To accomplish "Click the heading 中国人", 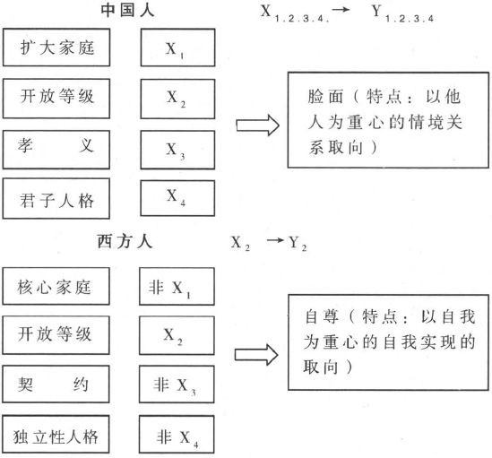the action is (x=127, y=10).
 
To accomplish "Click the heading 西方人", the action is (x=125, y=241).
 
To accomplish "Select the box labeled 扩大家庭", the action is (x=56, y=48).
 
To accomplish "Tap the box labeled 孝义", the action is (x=56, y=150).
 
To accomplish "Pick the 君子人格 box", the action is (x=56, y=198).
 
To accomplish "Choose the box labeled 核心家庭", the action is (x=56, y=286).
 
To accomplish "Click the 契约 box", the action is (x=56, y=384).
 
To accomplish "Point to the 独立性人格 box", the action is (x=56, y=434).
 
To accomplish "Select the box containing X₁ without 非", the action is (x=178, y=48).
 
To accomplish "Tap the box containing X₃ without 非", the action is (x=178, y=150).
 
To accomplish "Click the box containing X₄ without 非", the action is (x=177, y=198).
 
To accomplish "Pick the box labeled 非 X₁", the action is (x=177, y=286).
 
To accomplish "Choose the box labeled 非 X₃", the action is (x=177, y=384).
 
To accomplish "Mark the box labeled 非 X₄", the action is (x=177, y=435).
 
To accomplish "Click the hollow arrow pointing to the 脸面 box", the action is (x=257, y=125).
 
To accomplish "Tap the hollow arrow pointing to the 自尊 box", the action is (x=256, y=355).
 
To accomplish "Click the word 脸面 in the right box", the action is (x=325, y=97).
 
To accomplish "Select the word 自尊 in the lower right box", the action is (x=322, y=316).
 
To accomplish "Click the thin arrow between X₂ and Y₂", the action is (x=275, y=241).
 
